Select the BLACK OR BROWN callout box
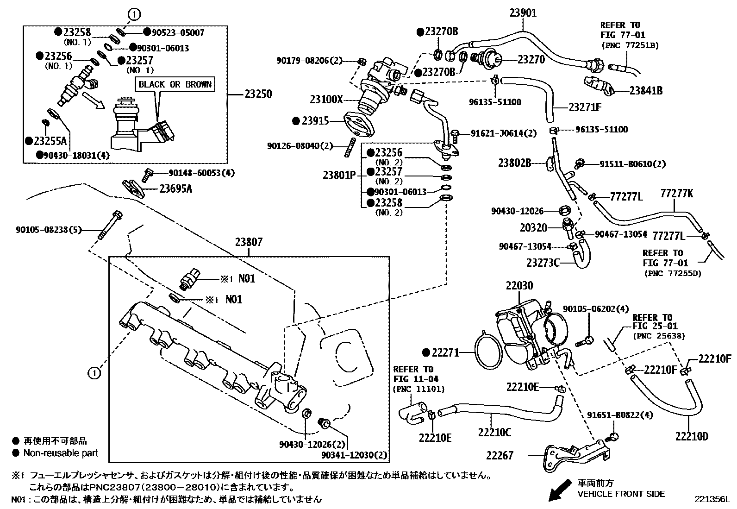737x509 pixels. coord(175,84)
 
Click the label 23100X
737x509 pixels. coord(326,99)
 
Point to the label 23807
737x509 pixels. coord(249,241)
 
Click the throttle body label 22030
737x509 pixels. coord(519,286)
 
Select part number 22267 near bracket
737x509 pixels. coord(500,455)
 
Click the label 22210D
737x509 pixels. coord(691,436)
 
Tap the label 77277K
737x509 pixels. coord(676,194)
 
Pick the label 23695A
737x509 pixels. coord(175,189)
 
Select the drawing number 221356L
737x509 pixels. coord(711,499)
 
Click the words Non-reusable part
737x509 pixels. coord(61,453)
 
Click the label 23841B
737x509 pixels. coord(645,91)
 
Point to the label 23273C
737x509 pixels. coord(543,263)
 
